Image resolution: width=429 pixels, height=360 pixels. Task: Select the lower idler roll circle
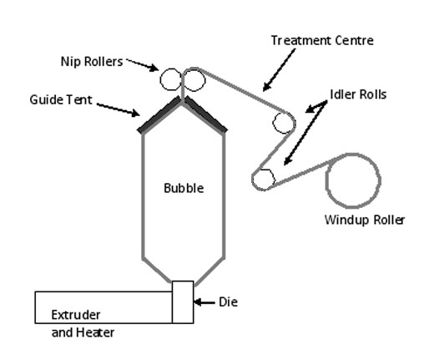click(263, 178)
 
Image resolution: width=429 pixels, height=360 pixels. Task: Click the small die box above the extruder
click(183, 302)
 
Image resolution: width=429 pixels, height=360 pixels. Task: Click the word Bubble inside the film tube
click(183, 189)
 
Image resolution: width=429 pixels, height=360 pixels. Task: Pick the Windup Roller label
click(364, 221)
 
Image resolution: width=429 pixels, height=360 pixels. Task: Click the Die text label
click(227, 301)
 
